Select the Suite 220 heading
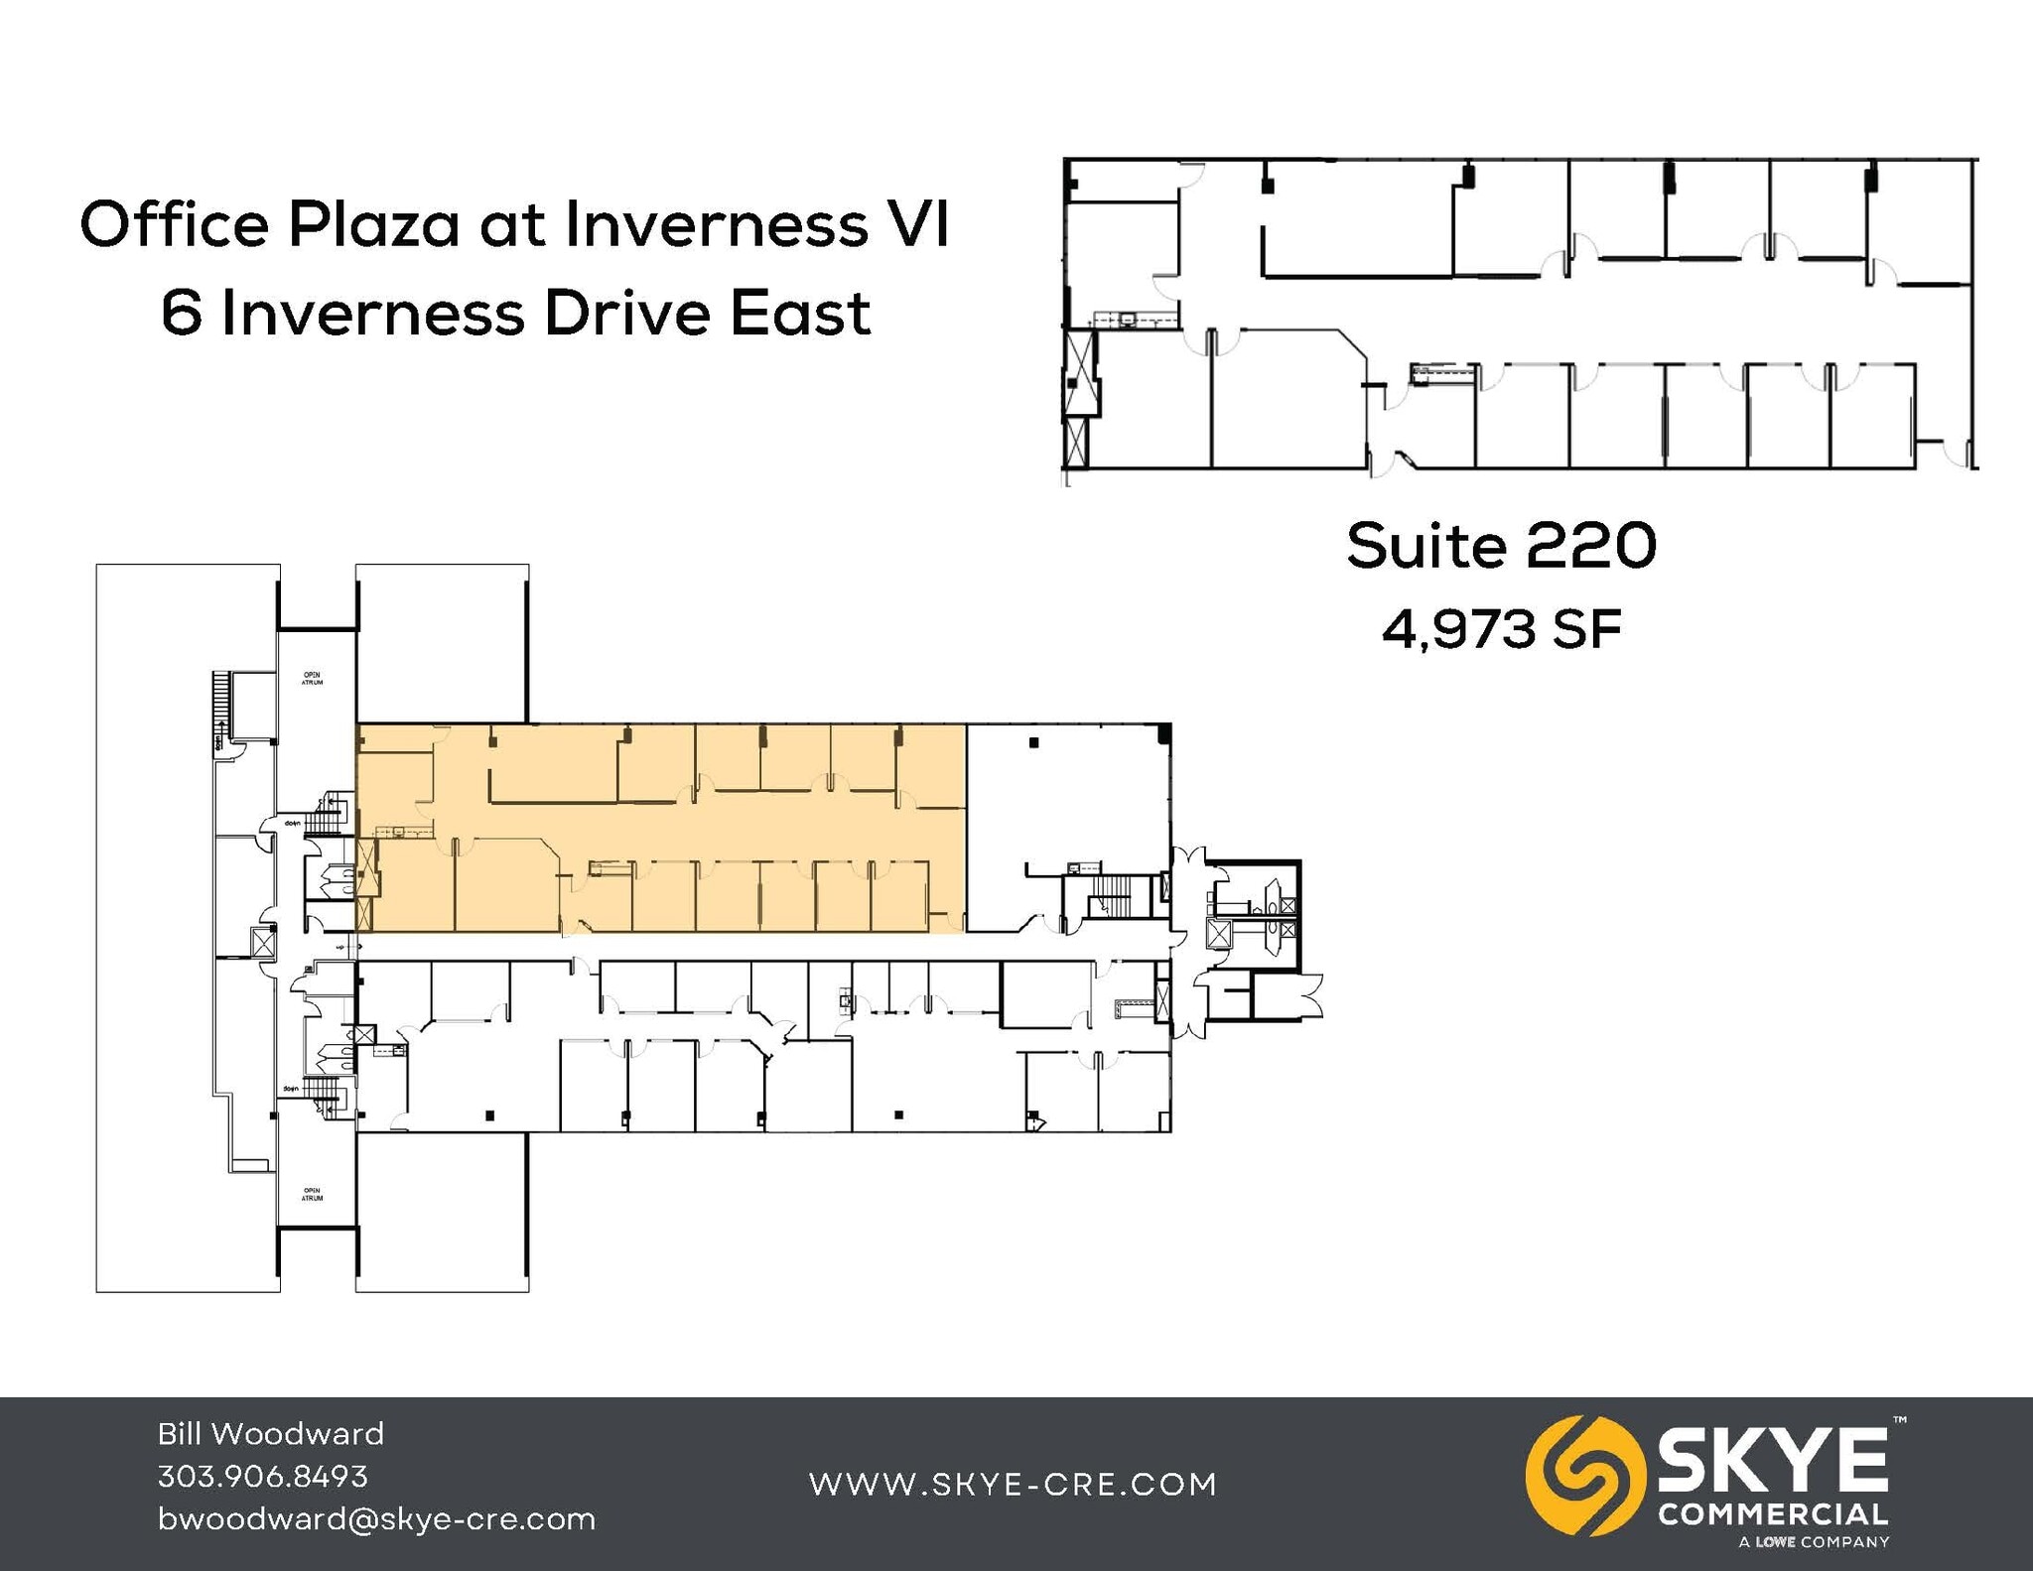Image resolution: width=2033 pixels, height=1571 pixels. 1501,546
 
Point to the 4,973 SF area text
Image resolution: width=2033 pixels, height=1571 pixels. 1501,629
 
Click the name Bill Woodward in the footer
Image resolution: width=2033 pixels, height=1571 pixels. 271,1433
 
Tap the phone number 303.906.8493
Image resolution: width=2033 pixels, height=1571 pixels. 263,1476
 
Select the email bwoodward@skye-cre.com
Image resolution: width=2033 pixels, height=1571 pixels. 376,1519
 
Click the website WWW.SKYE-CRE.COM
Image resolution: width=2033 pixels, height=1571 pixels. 1013,1484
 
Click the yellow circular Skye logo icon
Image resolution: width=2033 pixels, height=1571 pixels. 1579,1476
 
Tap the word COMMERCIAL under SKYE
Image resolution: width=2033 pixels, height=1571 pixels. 1773,1514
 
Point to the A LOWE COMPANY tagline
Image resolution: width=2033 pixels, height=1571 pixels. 1814,1542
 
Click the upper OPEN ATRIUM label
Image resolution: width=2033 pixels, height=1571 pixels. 312,679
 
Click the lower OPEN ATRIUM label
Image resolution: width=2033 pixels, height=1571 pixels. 312,1194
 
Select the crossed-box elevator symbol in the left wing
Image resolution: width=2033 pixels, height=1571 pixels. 263,942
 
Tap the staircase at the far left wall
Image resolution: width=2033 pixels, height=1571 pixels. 220,705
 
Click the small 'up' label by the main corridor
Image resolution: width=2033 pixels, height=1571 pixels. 340,948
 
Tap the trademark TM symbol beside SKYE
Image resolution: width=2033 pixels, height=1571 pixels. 1899,1420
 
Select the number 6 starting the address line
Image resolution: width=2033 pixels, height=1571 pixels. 181,314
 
